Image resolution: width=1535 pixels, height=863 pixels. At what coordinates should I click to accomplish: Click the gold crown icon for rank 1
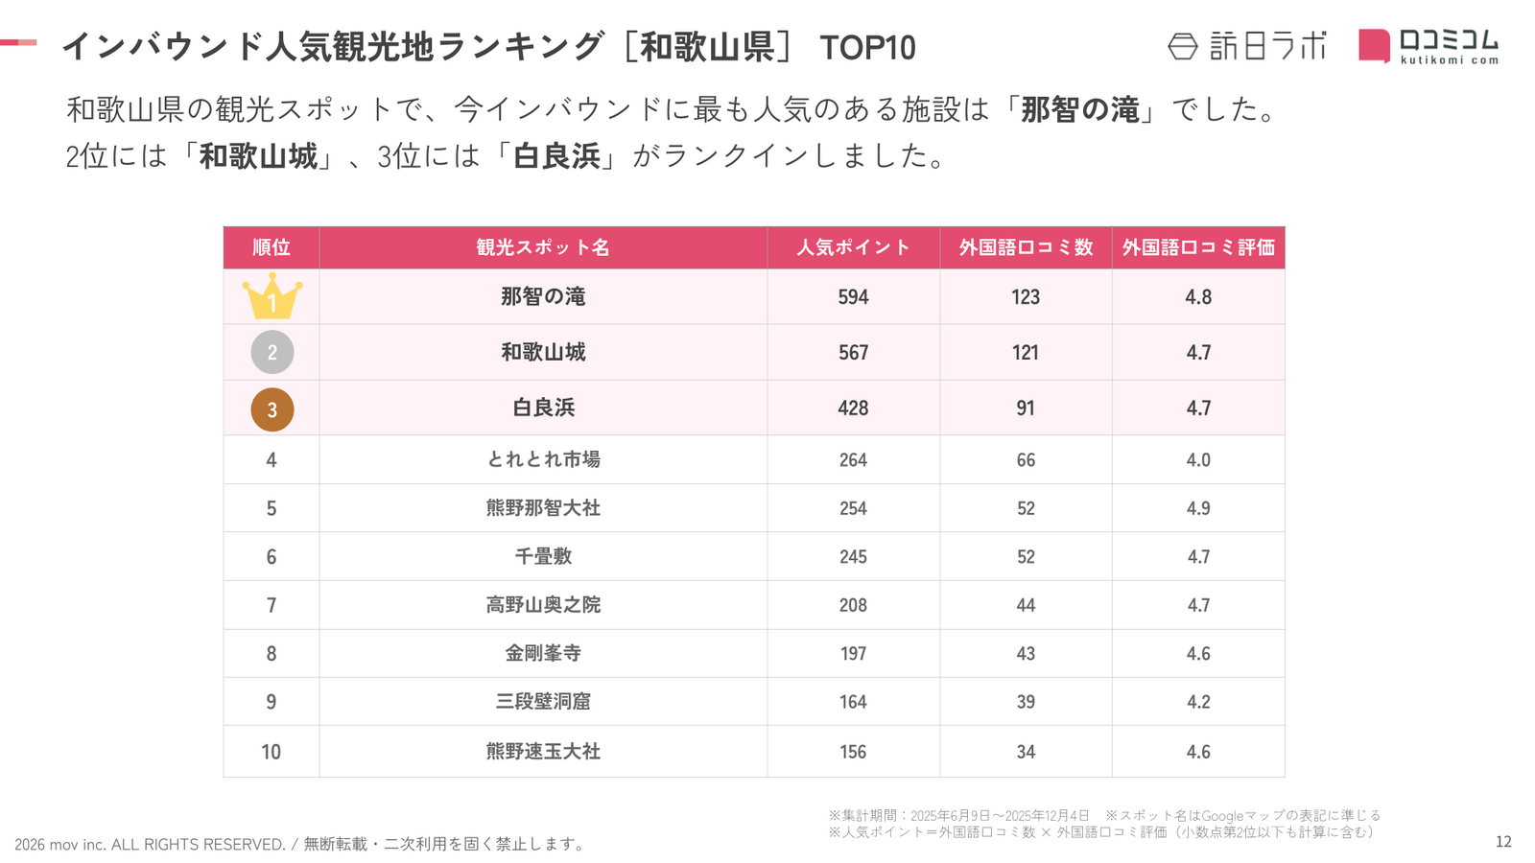pos(272,296)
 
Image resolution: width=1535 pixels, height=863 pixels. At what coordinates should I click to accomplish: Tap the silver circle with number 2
pos(272,352)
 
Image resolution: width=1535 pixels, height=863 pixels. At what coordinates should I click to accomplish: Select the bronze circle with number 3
pos(272,409)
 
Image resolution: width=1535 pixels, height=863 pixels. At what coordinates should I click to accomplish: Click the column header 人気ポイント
pos(853,247)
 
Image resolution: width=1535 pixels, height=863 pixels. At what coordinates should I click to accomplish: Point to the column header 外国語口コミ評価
pos(1198,247)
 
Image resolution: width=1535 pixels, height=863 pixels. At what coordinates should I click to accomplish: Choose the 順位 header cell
pos(272,247)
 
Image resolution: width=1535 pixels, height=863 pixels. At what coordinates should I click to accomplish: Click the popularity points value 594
pos(853,297)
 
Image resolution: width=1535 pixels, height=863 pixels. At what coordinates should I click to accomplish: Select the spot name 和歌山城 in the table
pos(543,352)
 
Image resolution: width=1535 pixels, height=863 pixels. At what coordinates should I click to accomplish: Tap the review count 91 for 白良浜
pos(1026,408)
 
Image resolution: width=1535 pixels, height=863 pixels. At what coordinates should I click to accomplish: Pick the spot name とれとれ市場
pos(543,459)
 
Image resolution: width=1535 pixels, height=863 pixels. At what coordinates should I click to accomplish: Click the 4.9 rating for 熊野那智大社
pos(1198,508)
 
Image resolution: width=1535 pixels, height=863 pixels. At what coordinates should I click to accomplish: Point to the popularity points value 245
pos(853,557)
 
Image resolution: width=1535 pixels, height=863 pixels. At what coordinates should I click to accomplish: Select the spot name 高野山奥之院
pos(543,605)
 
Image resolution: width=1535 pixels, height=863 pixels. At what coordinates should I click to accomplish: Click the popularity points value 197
pos(853,654)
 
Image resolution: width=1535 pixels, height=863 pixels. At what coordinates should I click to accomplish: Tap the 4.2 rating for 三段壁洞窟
pos(1198,702)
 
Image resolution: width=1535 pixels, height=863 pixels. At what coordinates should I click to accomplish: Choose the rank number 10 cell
pos(272,752)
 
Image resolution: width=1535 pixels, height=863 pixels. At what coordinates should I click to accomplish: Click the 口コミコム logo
pos(1428,45)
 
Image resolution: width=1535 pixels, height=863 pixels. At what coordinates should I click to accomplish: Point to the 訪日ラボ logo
pos(1247,45)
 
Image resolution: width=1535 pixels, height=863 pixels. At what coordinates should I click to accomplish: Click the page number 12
pos(1503,842)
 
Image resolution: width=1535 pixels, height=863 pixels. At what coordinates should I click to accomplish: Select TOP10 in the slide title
pos(867,48)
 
